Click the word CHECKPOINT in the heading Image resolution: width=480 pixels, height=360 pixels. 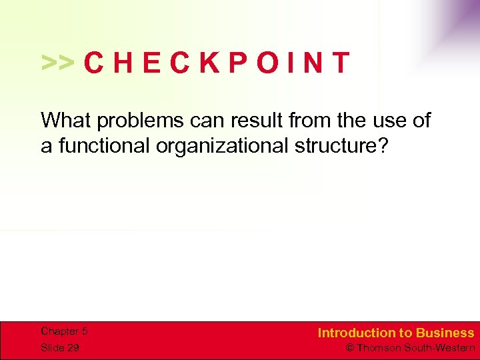[x=217, y=63]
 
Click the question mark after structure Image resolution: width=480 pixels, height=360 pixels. [x=381, y=146]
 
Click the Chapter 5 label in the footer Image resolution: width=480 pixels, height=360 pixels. [x=64, y=331]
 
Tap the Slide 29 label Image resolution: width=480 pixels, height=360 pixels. [x=60, y=347]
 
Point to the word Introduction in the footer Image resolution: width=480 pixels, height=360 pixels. [x=357, y=333]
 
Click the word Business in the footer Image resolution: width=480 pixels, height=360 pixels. [x=445, y=333]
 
